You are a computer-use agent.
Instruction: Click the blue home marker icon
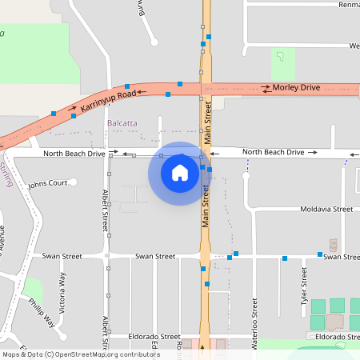(180, 173)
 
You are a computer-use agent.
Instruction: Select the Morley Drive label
(295, 86)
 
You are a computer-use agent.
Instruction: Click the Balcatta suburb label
(122, 123)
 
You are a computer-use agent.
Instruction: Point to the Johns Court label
(47, 183)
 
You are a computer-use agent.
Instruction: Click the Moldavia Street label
(326, 209)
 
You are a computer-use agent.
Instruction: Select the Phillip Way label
(42, 313)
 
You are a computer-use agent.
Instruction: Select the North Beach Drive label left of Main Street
(74, 153)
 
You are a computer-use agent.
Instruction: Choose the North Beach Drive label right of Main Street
(273, 152)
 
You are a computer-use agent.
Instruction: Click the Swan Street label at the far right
(341, 257)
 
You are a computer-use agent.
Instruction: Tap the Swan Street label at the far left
(62, 257)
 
